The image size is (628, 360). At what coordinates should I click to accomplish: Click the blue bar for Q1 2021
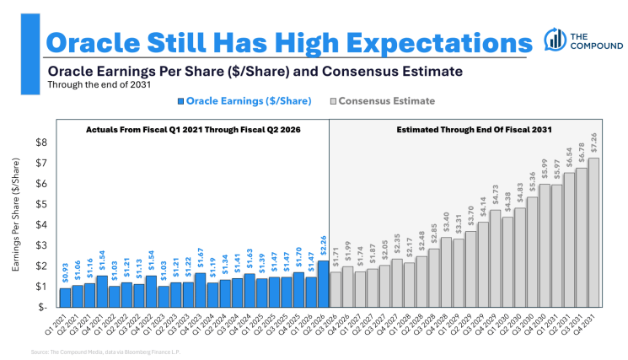pyautogui.click(x=65, y=297)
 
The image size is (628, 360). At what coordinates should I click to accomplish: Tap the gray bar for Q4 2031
pyautogui.click(x=594, y=232)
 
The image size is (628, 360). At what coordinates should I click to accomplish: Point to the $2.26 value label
pyautogui.click(x=323, y=249)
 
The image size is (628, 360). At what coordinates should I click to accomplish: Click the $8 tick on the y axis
pyautogui.click(x=40, y=142)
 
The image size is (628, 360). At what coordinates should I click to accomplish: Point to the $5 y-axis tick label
pyautogui.click(x=40, y=204)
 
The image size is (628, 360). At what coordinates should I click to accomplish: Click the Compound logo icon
pyautogui.click(x=555, y=38)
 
